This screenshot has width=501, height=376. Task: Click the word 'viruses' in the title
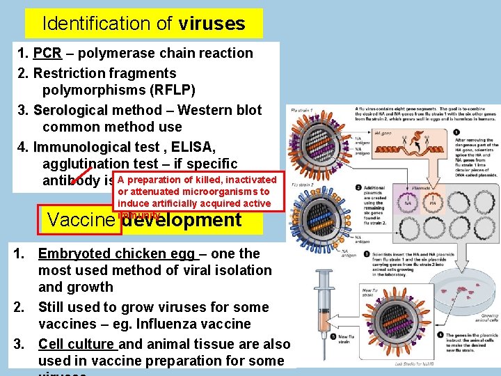tap(212, 24)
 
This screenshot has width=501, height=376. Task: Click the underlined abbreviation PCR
tap(47, 53)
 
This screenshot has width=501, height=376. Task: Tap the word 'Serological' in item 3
tap(70, 110)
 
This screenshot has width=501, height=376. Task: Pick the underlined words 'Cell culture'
tap(77, 344)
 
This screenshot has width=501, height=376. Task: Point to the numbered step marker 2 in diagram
tap(358, 188)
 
